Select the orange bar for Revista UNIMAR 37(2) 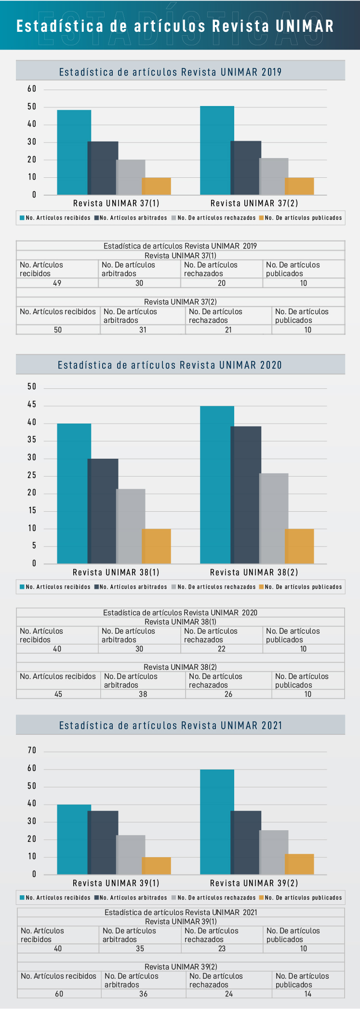tap(300, 186)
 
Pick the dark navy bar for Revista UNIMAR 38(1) tap(104, 511)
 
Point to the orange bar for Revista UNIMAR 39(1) tap(157, 865)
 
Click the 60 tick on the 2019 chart tap(32, 89)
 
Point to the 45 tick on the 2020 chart tap(32, 405)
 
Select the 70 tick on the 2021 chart tap(32, 750)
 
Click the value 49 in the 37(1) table tap(57, 283)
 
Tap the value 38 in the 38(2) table tap(143, 694)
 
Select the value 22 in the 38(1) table tap(222, 649)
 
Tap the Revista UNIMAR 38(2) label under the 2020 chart tap(254, 572)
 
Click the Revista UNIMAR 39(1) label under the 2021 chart tap(116, 883)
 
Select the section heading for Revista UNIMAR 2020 tap(170, 365)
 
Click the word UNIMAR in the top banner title tap(305, 26)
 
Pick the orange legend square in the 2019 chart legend tap(261, 218)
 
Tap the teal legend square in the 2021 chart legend tap(22, 898)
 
